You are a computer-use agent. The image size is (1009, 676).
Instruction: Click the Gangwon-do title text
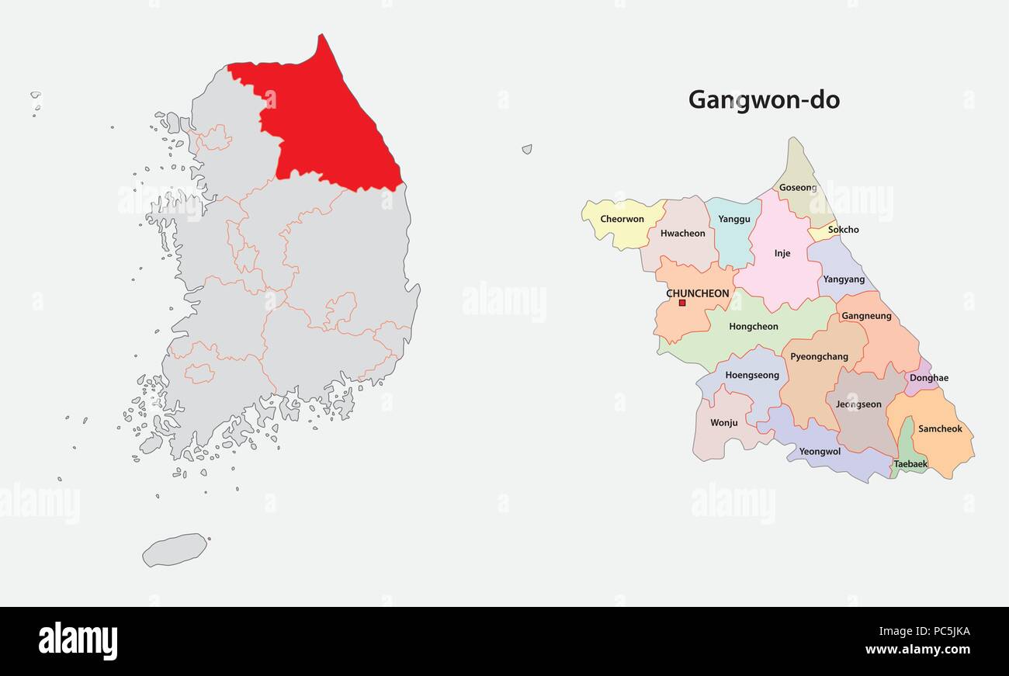(x=764, y=100)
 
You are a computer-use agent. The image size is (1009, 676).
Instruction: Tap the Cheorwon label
(x=622, y=219)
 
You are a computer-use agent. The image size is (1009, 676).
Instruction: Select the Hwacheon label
(x=683, y=233)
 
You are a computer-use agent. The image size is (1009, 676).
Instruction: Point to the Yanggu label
(x=734, y=219)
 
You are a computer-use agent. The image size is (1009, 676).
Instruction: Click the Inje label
(x=782, y=253)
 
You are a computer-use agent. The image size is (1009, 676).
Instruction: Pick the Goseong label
(x=798, y=188)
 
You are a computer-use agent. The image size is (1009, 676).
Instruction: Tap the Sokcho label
(x=843, y=230)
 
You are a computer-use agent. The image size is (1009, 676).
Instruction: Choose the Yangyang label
(x=844, y=279)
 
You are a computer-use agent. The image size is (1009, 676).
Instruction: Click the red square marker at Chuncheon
(x=682, y=303)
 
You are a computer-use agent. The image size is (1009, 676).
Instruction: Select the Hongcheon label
(x=754, y=327)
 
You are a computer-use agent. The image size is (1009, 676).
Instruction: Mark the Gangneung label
(x=866, y=316)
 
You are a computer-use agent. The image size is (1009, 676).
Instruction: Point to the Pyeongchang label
(x=819, y=357)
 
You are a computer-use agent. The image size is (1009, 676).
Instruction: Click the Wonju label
(x=724, y=423)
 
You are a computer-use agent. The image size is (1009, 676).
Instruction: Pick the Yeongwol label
(x=820, y=451)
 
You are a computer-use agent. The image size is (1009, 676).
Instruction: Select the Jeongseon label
(x=858, y=404)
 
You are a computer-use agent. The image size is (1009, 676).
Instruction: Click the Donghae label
(x=929, y=378)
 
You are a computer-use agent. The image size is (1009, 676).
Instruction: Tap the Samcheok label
(x=940, y=428)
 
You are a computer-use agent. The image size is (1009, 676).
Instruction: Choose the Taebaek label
(x=910, y=464)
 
